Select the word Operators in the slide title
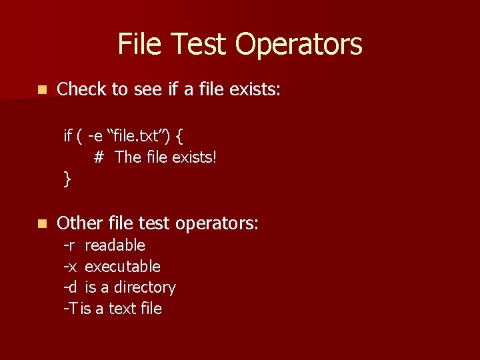(299, 45)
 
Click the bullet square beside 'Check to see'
(42, 89)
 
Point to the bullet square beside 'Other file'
(42, 224)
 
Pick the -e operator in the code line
(95, 136)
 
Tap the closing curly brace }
(67, 179)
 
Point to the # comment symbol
(99, 157)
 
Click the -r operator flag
(69, 245)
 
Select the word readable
(115, 245)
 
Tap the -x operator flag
(69, 267)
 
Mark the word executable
(123, 267)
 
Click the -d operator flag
(69, 288)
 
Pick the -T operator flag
(70, 309)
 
